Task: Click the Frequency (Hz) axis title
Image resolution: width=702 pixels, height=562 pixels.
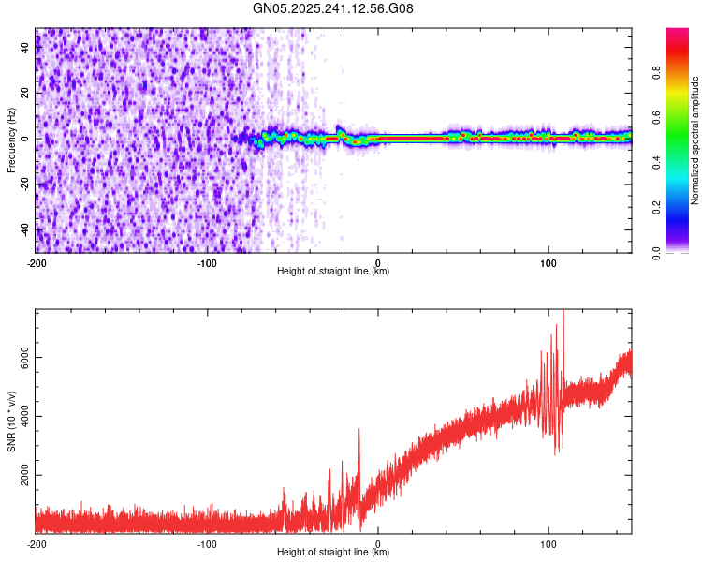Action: [x=11, y=140]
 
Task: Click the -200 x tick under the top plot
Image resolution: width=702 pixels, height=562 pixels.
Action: [x=37, y=261]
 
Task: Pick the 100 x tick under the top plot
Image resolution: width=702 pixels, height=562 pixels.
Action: [x=548, y=261]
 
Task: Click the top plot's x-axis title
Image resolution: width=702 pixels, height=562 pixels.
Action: [x=333, y=272]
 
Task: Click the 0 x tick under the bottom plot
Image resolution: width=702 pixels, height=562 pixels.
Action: [x=378, y=542]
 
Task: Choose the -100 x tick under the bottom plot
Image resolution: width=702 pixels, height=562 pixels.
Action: [x=207, y=542]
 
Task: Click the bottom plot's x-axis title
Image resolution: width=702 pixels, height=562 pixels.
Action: [x=333, y=553]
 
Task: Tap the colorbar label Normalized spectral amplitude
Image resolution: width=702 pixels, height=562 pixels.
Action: [x=695, y=140]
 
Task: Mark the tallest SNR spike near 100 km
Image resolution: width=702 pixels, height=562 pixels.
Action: [x=563, y=311]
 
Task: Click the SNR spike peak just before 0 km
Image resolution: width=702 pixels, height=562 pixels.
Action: [x=358, y=430]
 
